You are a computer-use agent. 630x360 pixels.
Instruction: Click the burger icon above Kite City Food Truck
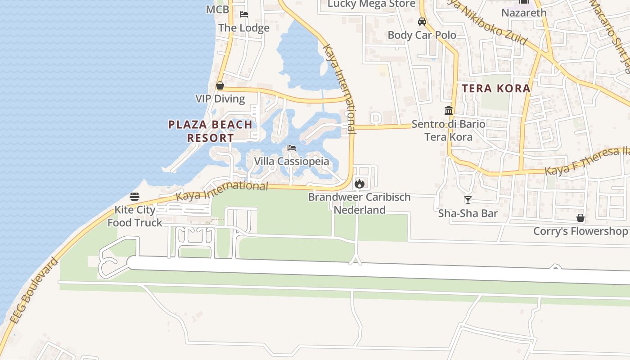135,197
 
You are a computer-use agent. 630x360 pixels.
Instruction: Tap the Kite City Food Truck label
135,216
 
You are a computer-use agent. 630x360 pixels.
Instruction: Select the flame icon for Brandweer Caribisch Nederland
359,184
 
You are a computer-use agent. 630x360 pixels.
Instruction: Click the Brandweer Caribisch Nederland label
359,203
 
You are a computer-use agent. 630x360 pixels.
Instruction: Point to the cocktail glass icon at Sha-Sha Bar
468,200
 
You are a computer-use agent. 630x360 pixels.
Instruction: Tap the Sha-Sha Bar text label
468,213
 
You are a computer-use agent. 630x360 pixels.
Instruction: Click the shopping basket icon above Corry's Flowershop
580,218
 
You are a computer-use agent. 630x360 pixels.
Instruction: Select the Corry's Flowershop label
580,231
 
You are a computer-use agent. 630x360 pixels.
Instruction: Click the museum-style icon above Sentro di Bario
449,110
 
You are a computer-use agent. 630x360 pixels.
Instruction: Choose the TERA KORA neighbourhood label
496,88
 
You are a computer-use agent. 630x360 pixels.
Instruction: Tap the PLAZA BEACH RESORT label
210,131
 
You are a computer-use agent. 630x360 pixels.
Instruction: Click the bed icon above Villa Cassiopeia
292,148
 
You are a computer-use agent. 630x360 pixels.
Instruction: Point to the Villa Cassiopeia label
291,161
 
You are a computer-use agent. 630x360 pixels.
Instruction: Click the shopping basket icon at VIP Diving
220,85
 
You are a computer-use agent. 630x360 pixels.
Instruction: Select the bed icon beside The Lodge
244,14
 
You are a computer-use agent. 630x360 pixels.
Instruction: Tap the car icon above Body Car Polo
422,22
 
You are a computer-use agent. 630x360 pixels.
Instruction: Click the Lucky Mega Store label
371,4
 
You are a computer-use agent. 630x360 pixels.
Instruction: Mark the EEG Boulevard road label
34,291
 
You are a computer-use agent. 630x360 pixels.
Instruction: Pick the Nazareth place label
524,13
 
